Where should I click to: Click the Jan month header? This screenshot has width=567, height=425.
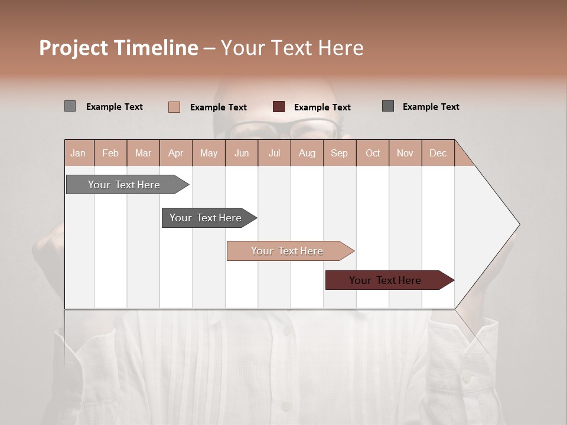(x=78, y=153)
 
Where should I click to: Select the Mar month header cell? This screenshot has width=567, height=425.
(x=143, y=153)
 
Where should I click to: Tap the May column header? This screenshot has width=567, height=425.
(x=208, y=153)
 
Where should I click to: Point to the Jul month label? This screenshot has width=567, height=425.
(x=274, y=153)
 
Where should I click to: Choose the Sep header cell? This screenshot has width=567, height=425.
(x=339, y=153)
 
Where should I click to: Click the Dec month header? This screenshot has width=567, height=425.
(x=438, y=153)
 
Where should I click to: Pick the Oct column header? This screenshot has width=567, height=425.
(x=373, y=153)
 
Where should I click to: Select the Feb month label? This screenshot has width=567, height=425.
(x=110, y=153)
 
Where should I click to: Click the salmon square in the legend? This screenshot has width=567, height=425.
(x=174, y=107)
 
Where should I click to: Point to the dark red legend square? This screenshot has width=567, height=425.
(x=279, y=107)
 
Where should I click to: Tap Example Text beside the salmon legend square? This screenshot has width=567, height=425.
(x=219, y=107)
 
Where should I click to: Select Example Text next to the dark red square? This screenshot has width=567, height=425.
(x=322, y=107)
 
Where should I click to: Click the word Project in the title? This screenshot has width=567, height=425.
(x=74, y=48)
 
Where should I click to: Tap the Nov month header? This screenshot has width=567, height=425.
(x=405, y=153)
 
